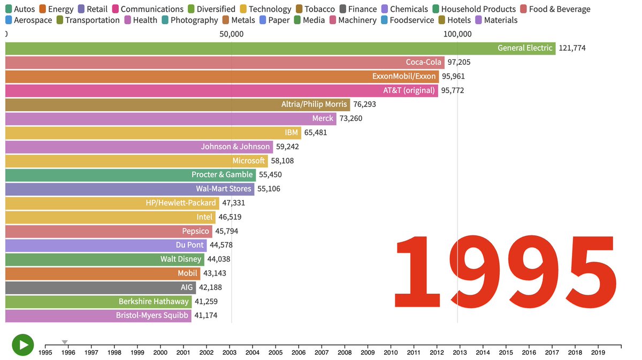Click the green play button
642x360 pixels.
23,344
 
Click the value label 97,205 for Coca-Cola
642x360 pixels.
458,62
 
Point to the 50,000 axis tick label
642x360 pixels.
231,34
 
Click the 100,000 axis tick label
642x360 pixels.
457,34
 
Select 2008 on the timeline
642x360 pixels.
345,353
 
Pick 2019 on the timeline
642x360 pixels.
598,353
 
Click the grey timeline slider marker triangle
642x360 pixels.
65,342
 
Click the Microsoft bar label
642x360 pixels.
248,160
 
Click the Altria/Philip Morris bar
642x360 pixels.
177,104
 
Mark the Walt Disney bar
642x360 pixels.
104,259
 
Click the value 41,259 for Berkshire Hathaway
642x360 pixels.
206,302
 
